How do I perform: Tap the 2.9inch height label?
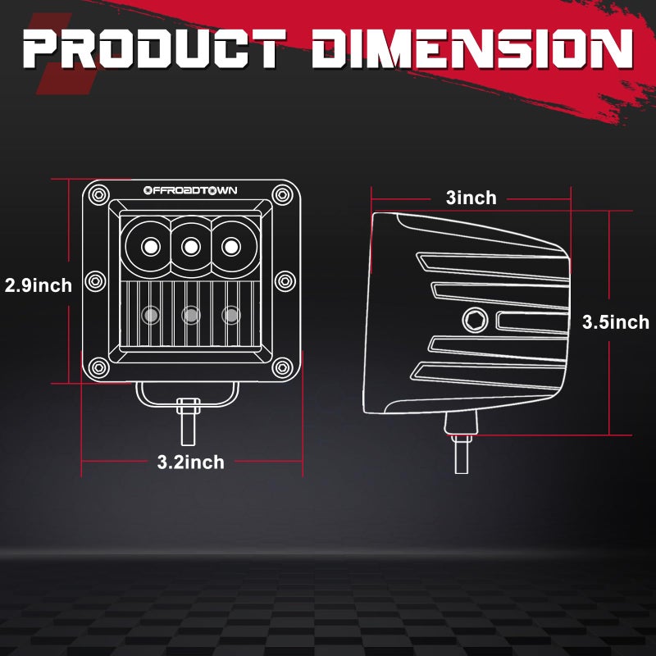coord(38,285)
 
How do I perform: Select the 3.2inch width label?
coord(190,462)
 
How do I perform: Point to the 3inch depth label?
coord(471,198)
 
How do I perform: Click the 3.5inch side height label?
coord(615,322)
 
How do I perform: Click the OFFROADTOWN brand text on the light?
coord(190,190)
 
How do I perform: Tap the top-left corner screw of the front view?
coord(98,194)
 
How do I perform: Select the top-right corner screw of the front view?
coord(283,194)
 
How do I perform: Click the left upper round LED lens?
coord(150,245)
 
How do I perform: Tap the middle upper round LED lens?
coord(191,245)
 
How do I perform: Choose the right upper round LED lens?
coord(231,245)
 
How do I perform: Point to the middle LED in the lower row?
coord(191,314)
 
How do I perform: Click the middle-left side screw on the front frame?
coord(95,280)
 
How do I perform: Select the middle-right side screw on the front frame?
coord(286,280)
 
